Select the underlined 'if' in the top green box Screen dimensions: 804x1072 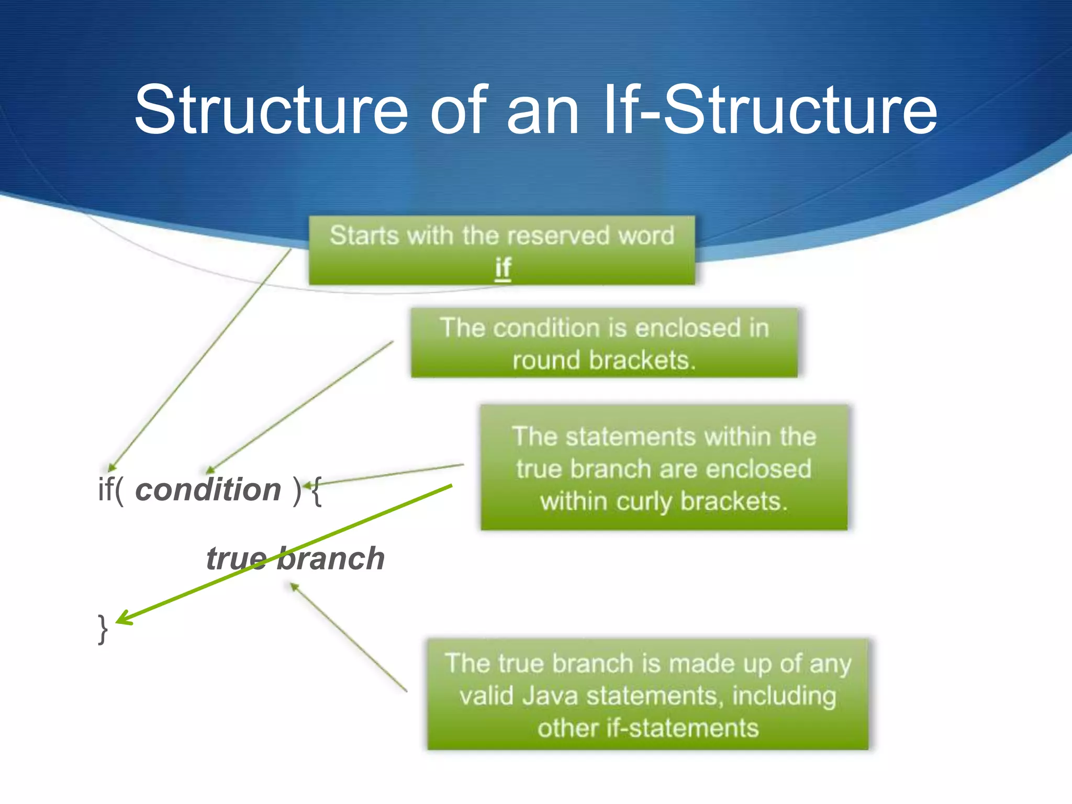[502, 268]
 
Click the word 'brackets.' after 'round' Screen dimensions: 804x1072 [643, 360]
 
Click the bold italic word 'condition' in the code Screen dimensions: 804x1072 [208, 490]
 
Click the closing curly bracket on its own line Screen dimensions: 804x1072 [103, 628]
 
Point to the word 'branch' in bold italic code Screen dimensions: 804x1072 [331, 559]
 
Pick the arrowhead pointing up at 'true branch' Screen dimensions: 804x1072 [294, 587]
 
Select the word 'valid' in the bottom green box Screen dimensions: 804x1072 [486, 696]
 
